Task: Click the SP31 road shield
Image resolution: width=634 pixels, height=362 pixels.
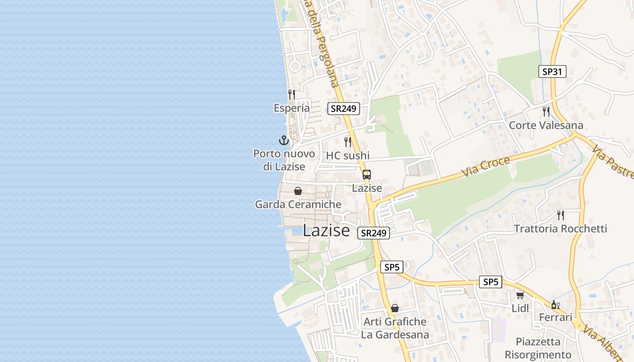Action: click(552, 71)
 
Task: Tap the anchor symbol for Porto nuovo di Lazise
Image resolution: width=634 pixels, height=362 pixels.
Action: click(284, 140)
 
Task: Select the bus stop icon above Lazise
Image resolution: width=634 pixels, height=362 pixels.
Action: click(367, 175)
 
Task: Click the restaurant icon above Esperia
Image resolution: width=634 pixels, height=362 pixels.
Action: click(292, 94)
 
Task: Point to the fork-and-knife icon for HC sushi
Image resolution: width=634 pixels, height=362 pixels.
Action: click(348, 142)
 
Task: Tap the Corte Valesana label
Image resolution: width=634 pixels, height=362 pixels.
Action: click(546, 125)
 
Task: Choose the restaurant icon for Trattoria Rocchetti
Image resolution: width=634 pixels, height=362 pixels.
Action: click(561, 215)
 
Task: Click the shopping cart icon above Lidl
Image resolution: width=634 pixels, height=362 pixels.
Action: click(520, 295)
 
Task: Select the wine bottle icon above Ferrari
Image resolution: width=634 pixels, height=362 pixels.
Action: click(555, 305)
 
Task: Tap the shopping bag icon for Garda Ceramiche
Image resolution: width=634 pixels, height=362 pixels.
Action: click(298, 191)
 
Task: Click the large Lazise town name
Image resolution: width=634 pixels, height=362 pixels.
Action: click(326, 231)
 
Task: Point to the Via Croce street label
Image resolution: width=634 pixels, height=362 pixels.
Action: click(486, 167)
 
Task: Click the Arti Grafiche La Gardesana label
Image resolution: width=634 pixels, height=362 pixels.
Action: click(395, 329)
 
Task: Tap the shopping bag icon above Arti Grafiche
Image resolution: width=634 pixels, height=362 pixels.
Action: click(395, 308)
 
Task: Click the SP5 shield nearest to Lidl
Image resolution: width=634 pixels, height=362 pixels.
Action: click(491, 282)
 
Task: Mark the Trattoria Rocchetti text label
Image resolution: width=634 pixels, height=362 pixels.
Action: click(560, 229)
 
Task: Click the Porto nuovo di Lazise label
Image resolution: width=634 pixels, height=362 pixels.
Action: click(284, 160)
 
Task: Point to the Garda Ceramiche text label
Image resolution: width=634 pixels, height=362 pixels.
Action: click(298, 205)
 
